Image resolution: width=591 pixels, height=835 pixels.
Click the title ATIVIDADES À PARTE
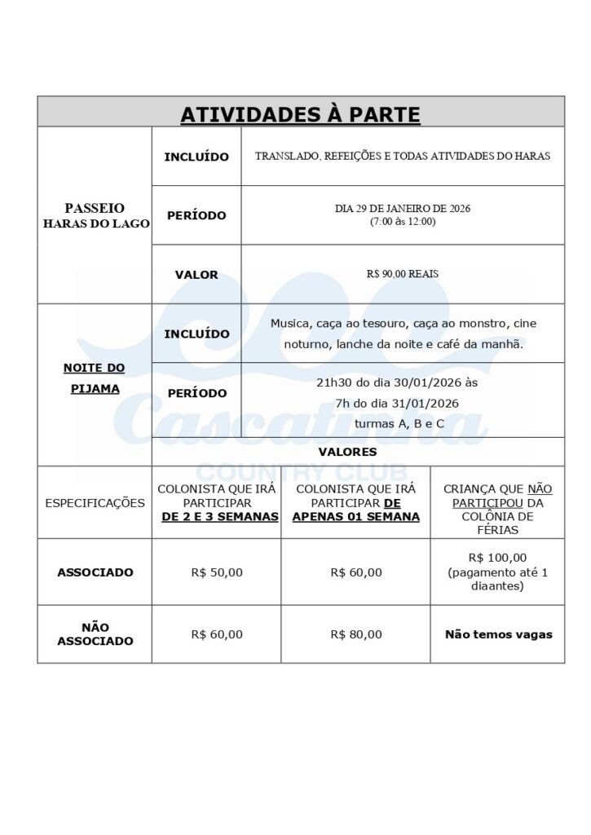300,114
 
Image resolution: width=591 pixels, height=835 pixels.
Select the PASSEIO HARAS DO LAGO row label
95,215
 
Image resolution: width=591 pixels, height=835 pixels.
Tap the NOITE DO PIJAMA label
95,378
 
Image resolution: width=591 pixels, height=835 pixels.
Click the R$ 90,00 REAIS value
403,274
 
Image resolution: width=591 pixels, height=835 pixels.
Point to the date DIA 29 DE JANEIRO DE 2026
403,209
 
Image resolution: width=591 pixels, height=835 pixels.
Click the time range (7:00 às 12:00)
403,221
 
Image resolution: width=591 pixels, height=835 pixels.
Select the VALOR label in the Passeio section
196,275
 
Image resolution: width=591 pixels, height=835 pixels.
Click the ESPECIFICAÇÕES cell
95,503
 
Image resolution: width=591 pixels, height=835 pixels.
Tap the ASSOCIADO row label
95,572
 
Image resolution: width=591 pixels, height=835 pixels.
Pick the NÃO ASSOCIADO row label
95,634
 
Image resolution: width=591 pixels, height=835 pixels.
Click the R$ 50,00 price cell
217,572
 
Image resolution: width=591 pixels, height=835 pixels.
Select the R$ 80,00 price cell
356,634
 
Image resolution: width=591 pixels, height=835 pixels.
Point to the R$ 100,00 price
497,558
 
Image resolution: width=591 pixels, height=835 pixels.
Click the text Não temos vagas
498,634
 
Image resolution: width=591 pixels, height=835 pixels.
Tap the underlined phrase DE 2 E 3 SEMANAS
220,517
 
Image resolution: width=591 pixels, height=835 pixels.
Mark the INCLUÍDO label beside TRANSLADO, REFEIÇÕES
196,157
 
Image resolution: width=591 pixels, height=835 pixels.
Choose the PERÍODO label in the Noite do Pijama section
196,393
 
